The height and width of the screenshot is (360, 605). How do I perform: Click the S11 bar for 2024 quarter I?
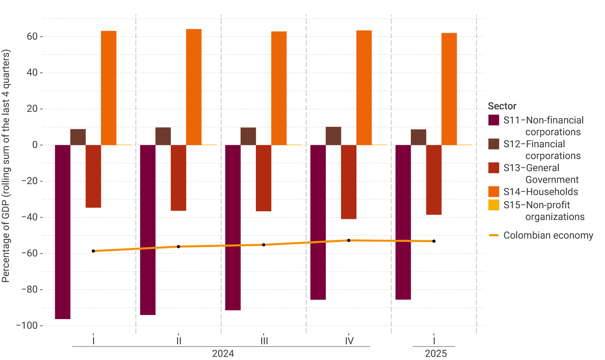(x=63, y=232)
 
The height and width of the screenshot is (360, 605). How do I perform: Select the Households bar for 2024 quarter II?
(x=194, y=87)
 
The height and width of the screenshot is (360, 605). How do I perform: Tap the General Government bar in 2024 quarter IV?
(x=349, y=182)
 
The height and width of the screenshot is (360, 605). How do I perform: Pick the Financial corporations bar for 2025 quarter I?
(x=418, y=137)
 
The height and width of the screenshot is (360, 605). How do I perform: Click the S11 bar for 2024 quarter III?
(x=233, y=227)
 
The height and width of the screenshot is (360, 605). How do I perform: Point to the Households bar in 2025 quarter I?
(x=449, y=89)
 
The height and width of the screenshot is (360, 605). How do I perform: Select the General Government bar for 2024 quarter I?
(x=93, y=176)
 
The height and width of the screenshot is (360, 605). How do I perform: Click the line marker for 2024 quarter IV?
(x=349, y=241)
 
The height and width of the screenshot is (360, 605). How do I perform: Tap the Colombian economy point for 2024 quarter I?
(x=93, y=251)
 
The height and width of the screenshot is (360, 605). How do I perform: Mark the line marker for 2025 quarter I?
(x=434, y=241)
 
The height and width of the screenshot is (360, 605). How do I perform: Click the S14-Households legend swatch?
(x=494, y=192)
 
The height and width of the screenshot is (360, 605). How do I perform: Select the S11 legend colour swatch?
(x=494, y=120)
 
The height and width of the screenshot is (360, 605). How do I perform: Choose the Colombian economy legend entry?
(x=548, y=236)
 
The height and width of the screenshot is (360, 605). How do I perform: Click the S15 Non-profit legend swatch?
(x=494, y=205)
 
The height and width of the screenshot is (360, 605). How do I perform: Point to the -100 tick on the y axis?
(x=27, y=326)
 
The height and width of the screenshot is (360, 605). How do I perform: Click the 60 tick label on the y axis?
(x=32, y=36)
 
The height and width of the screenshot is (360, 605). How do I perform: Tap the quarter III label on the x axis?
(x=264, y=341)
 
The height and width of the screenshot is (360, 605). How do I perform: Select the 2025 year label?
(x=436, y=353)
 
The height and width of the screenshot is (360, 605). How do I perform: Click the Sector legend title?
(x=502, y=106)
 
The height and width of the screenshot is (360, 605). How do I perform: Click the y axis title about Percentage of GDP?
(x=6, y=166)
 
